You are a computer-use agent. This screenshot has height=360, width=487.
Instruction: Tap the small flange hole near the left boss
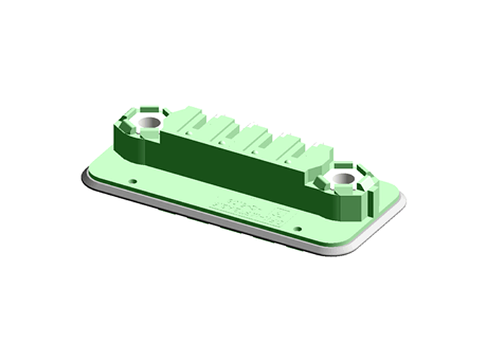pos(133,181)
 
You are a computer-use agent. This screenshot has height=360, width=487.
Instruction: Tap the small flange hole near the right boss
pos(297,229)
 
